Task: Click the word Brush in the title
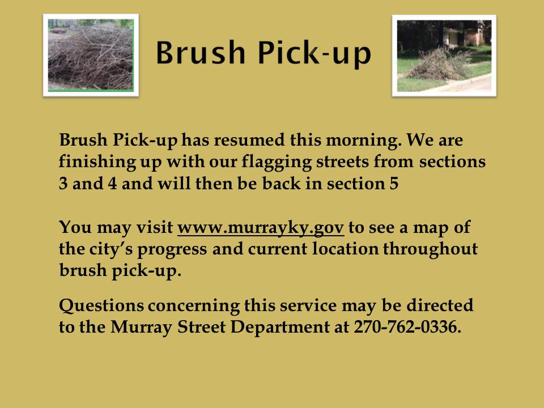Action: [x=200, y=53]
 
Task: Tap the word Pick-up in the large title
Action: [x=314, y=54]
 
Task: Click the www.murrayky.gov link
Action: [x=261, y=228]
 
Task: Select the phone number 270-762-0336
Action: [x=407, y=327]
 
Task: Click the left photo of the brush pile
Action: [x=91, y=55]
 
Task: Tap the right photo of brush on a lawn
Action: [x=444, y=56]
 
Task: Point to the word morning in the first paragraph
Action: [x=364, y=141]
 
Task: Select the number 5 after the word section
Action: [x=394, y=184]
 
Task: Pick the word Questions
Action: [x=101, y=305]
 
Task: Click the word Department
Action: [x=280, y=328]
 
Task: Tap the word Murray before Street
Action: [x=141, y=328]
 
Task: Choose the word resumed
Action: [x=249, y=140]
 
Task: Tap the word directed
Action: [x=440, y=305]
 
